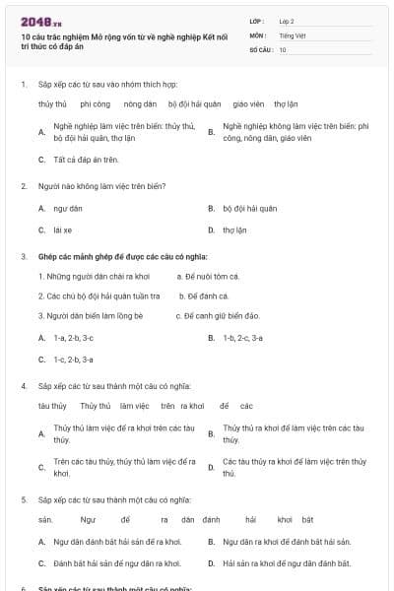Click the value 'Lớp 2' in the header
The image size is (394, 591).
tap(287, 20)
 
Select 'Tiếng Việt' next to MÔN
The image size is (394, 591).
tap(291, 34)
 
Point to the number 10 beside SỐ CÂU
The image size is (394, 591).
tap(283, 48)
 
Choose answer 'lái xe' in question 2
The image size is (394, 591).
tap(63, 230)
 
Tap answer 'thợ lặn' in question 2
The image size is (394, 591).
tap(234, 230)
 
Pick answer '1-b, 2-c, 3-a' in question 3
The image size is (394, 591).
tap(242, 337)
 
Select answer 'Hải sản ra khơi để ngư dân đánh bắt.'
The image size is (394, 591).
tap(287, 563)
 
